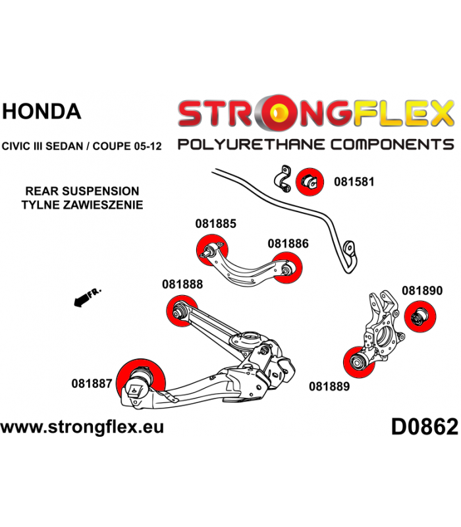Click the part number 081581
point(354,181)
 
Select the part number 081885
point(215,223)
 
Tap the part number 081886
point(288,243)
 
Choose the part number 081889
point(329,387)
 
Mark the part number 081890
point(421,290)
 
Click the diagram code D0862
point(423,428)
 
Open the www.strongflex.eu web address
point(82,427)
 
